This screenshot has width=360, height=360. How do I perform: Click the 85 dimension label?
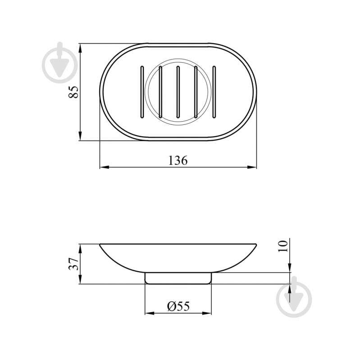pos(73,92)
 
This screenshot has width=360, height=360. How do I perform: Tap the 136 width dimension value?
pos(178,160)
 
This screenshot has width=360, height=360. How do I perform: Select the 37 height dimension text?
pos(73,264)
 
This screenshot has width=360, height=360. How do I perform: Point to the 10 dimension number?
pos(283,246)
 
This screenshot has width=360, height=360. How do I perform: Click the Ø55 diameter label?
pos(178,306)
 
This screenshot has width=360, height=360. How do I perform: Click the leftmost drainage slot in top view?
pos(142,92)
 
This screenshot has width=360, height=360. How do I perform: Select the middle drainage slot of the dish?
pos(178,92)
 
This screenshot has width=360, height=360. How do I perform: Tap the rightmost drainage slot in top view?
pos(214,92)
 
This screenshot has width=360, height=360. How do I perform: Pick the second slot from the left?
pos(160,92)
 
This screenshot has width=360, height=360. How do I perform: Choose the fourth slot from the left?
pos(196,92)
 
